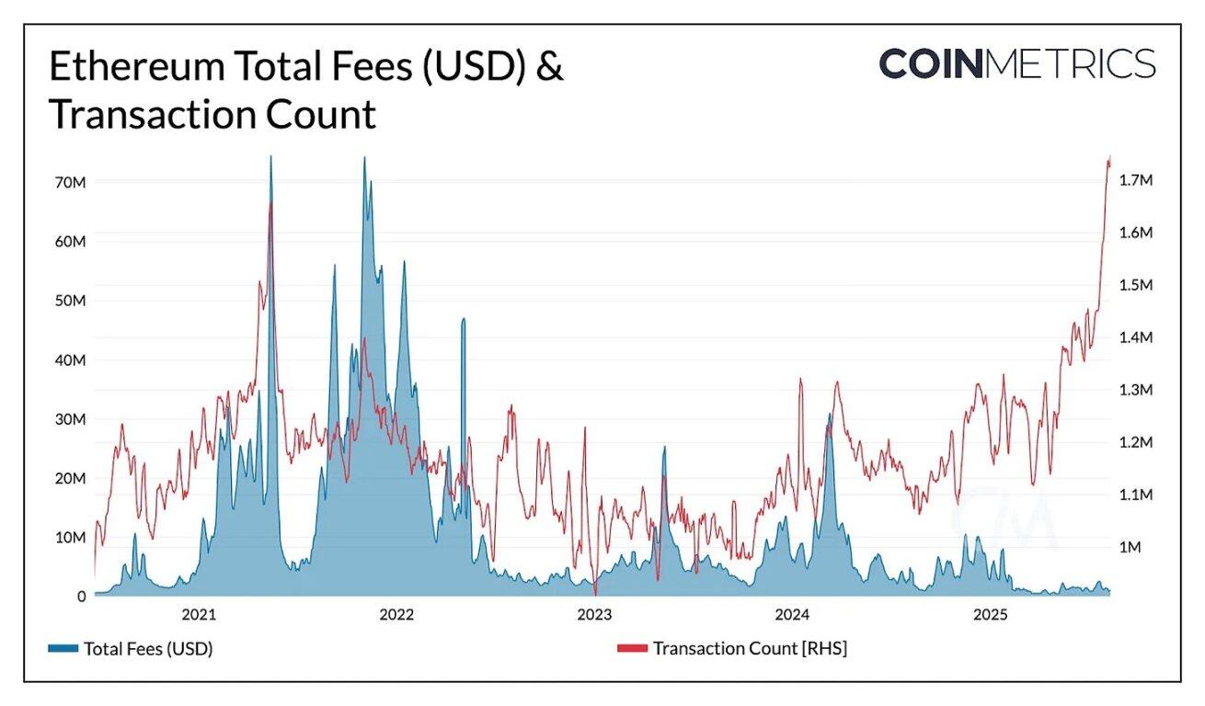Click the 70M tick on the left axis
pos(70,182)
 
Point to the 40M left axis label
pos(70,359)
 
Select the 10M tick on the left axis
pos(70,537)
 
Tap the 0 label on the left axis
pos(80,597)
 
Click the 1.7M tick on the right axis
pos(1136,181)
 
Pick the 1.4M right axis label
pos(1136,337)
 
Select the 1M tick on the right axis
pos(1130,547)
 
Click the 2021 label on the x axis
pos(199,614)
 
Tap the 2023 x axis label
pos(594,614)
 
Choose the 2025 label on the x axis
pos(991,614)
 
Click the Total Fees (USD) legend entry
pos(147,648)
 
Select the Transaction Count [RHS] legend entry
pos(749,648)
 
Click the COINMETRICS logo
pos(1016,63)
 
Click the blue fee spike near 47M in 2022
pos(464,319)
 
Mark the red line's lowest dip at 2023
pos(595,594)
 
